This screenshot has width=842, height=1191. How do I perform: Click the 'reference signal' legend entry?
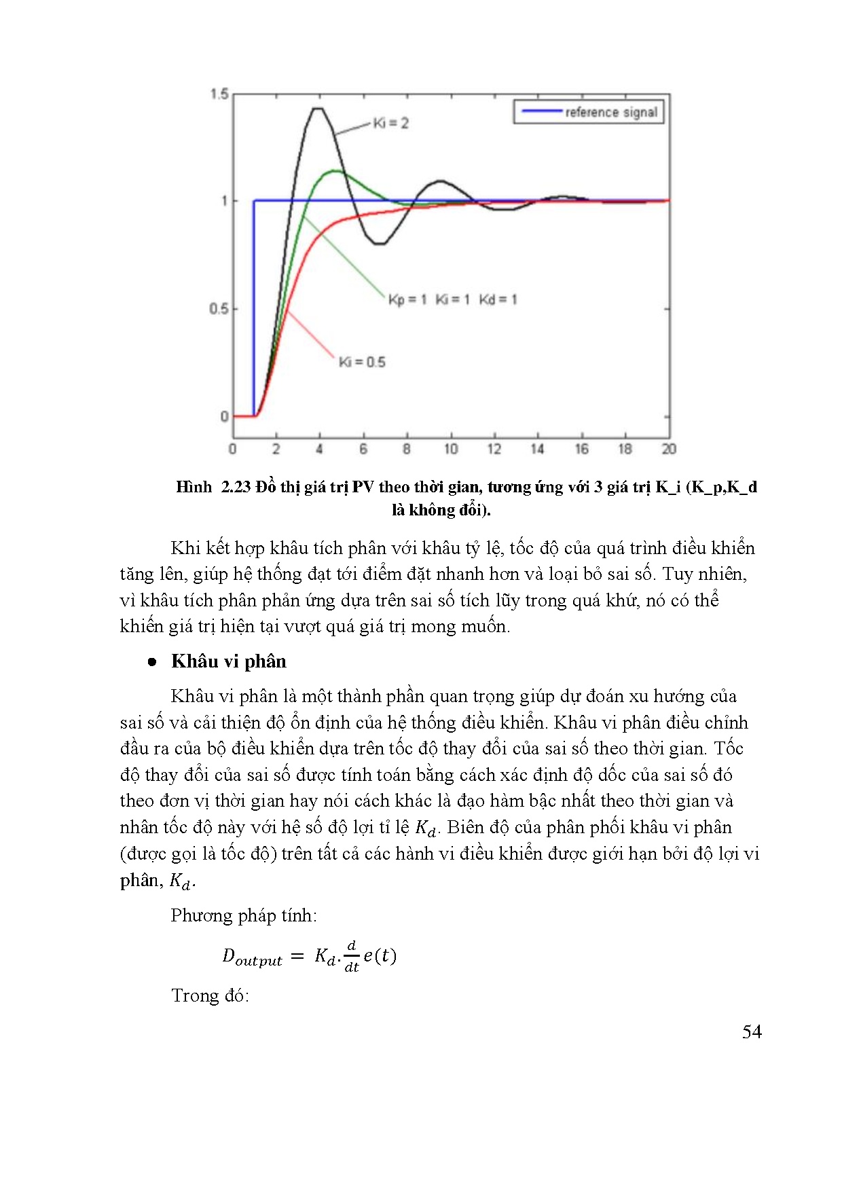coord(611,112)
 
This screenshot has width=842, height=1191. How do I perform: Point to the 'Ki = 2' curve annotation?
coord(390,123)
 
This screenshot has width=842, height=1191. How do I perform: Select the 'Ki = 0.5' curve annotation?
coord(362,362)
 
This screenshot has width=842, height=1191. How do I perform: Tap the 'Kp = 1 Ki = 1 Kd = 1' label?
coord(452,299)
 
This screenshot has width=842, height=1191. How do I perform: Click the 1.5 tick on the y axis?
coord(219,94)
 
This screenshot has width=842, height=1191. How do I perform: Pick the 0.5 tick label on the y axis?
coord(219,309)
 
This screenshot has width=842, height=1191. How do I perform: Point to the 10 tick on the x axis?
coord(451,449)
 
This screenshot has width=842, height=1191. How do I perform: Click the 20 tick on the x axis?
coord(669,449)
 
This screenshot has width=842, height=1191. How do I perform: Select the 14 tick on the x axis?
coord(537,449)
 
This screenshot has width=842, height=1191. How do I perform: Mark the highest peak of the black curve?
coord(317,108)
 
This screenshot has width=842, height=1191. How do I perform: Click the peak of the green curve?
coord(334,170)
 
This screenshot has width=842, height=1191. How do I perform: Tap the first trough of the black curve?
coord(380,243)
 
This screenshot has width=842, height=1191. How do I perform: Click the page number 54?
coord(752,1032)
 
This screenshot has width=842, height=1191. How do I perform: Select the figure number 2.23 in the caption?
coord(236,487)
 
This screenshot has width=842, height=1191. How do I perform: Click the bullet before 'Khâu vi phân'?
coord(152,662)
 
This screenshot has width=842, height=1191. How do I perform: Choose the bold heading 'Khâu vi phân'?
coord(229,661)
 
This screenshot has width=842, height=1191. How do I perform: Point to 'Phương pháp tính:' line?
coord(244,915)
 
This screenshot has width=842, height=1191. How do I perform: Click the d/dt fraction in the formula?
coord(351,956)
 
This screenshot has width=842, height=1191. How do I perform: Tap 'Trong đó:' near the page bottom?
coord(210,995)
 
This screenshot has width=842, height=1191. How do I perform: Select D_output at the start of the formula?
coord(252,957)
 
